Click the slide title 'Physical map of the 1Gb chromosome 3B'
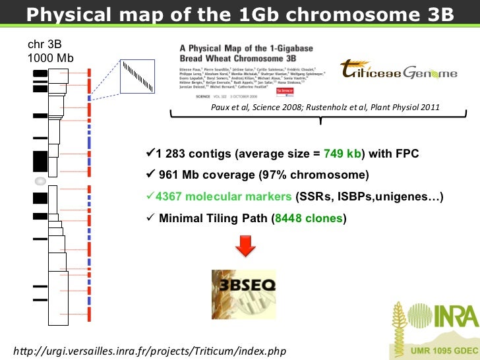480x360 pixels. click(x=240, y=13)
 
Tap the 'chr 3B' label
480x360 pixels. click(x=45, y=45)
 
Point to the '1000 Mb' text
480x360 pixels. click(x=50, y=58)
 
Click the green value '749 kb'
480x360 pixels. click(x=345, y=154)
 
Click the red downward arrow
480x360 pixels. click(x=245, y=247)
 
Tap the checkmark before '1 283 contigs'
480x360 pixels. click(x=149, y=154)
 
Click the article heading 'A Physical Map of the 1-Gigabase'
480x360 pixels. click(x=249, y=49)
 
